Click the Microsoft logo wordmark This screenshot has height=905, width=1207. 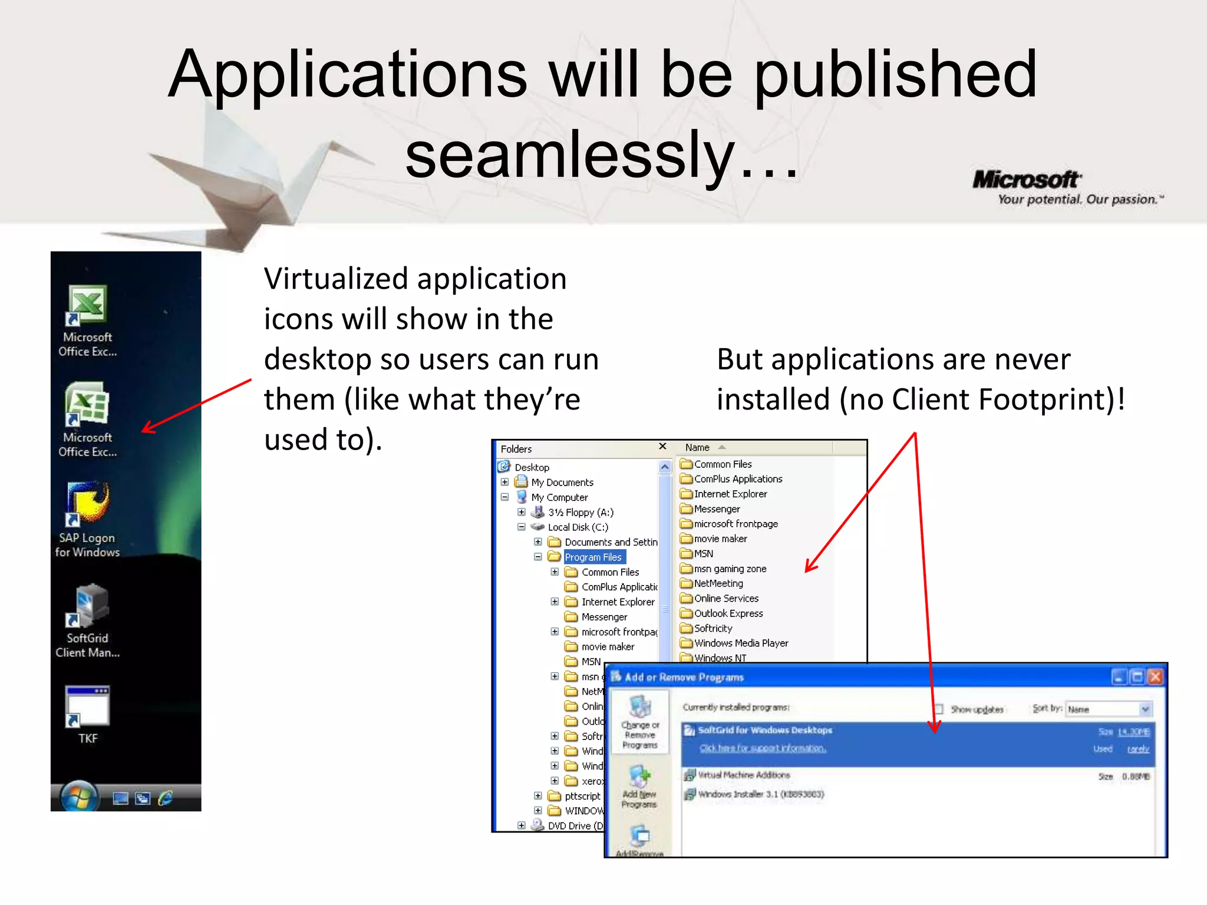tap(1026, 179)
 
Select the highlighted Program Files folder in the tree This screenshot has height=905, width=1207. tap(593, 557)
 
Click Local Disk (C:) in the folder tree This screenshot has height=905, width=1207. tap(578, 527)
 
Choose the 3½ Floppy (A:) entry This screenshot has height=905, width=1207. tap(580, 512)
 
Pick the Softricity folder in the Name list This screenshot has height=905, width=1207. tap(713, 628)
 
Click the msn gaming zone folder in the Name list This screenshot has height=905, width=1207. tap(730, 569)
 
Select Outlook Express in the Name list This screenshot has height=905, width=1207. tap(728, 613)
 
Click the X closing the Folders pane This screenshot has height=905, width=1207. tap(662, 447)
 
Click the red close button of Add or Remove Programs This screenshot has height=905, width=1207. tap(1155, 677)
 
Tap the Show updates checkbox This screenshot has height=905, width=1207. tap(938, 709)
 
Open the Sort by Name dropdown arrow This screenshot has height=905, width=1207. tap(1145, 709)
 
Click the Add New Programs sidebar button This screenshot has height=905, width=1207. tap(639, 787)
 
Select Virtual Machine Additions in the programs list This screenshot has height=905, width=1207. tap(743, 775)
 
